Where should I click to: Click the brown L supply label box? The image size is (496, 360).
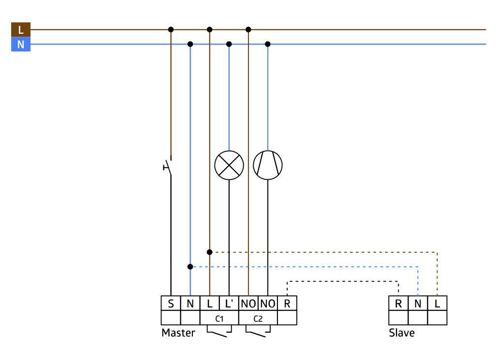21,29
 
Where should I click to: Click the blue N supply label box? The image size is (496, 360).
21,44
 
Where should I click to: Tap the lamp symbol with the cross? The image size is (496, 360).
229,165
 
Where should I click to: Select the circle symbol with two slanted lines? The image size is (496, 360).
268,165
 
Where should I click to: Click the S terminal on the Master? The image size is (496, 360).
171,303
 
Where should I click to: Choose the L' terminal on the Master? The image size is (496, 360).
229,303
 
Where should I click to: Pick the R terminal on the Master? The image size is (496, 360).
287,303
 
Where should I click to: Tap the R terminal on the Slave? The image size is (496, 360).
398,303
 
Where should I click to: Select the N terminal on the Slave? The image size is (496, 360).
418,303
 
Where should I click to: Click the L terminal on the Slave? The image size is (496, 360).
437,303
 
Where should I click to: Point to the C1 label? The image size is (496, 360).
219,318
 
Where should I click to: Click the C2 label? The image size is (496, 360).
258,318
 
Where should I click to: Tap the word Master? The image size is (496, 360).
178,333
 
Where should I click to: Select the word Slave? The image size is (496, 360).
402,333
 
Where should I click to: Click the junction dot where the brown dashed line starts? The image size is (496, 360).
209,252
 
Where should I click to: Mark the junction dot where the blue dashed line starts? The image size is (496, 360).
190,267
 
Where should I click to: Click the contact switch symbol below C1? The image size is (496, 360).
219,331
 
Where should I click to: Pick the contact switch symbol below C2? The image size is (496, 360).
258,331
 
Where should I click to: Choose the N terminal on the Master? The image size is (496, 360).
190,303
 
